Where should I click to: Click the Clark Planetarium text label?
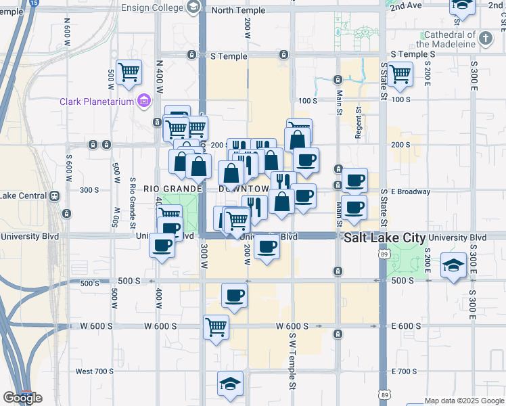[x=97, y=102]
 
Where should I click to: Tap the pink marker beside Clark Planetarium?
[x=143, y=102]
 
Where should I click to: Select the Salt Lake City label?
[x=385, y=238]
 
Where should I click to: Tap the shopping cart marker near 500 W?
[x=129, y=71]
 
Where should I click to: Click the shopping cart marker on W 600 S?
[x=216, y=328]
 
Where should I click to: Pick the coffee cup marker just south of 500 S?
[x=234, y=295]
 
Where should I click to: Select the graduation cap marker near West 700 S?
[x=230, y=383]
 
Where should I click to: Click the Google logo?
[x=22, y=398]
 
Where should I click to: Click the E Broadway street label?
[x=411, y=191]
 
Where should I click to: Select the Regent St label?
[x=358, y=122]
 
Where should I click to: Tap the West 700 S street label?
[x=95, y=371]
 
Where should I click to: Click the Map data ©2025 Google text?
[x=464, y=401]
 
